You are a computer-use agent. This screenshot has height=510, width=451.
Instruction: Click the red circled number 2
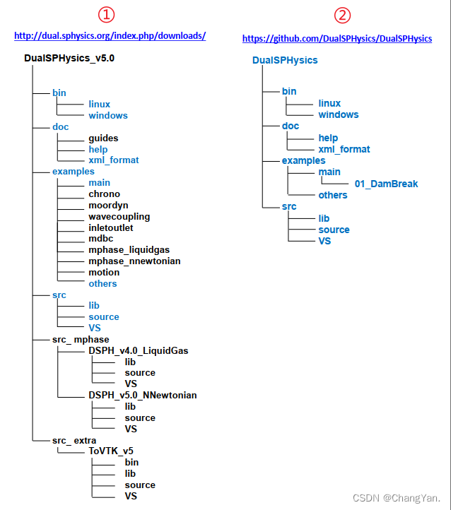point(343,15)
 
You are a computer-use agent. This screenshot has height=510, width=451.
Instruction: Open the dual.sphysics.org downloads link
point(110,35)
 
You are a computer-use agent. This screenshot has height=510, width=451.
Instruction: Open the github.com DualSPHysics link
point(337,38)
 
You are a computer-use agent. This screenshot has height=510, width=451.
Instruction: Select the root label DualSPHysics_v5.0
point(64,59)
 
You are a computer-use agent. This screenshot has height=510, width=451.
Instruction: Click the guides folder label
point(103,138)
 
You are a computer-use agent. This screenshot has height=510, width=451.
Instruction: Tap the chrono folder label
point(105,194)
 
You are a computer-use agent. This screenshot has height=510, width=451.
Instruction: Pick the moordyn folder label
point(109,205)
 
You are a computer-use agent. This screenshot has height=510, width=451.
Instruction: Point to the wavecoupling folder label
point(119,216)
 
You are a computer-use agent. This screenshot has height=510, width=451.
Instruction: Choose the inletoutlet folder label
point(111,227)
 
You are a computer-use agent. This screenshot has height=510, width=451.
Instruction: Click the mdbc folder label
point(101,239)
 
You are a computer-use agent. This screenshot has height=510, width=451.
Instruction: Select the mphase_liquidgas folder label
point(129,250)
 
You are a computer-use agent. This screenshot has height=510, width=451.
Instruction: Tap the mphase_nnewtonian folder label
point(134,261)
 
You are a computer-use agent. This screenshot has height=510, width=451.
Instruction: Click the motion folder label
point(104,272)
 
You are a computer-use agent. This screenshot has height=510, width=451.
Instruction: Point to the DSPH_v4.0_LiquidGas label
point(139,350)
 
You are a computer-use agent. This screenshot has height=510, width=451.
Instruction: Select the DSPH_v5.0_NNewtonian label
point(143,395)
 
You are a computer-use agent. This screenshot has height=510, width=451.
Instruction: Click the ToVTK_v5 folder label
point(111,451)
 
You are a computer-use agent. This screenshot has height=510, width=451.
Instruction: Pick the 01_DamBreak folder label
point(386,184)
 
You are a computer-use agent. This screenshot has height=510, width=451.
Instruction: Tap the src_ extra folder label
point(74,440)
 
